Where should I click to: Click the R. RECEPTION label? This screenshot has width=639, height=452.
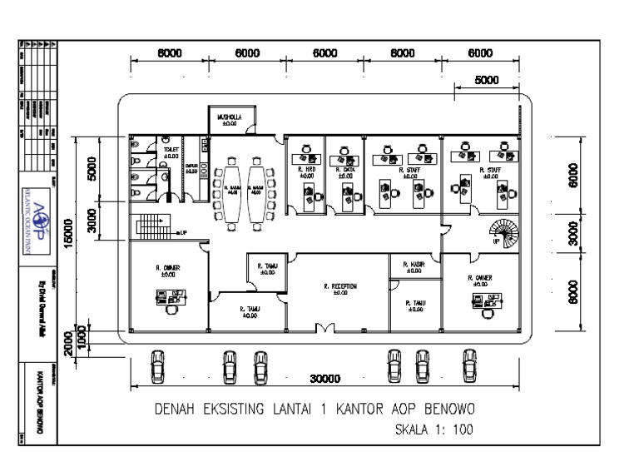[339, 286]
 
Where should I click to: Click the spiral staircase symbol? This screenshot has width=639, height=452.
[503, 231]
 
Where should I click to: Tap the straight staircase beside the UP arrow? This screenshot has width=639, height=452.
[150, 226]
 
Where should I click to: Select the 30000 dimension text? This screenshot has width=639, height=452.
[324, 379]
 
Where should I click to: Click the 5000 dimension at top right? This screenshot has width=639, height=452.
[487, 81]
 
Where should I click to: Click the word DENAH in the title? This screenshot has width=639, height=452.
[176, 410]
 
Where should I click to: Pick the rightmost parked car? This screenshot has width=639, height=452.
[469, 365]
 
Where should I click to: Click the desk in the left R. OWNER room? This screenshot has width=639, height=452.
[169, 296]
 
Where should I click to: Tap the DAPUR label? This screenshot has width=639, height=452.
[191, 167]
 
